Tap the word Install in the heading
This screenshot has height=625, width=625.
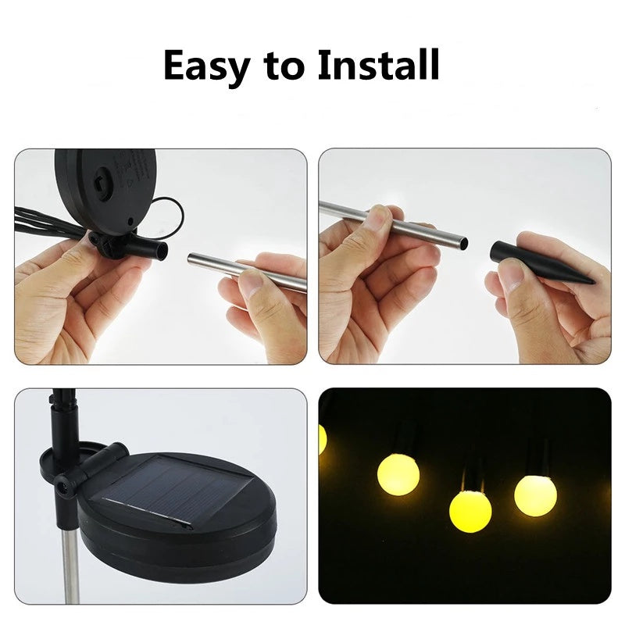coord(378,66)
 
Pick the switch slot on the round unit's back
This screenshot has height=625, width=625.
coord(100,182)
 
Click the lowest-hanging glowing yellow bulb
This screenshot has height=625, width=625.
coord(470,511)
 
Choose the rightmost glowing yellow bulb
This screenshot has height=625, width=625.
coord(535,495)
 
